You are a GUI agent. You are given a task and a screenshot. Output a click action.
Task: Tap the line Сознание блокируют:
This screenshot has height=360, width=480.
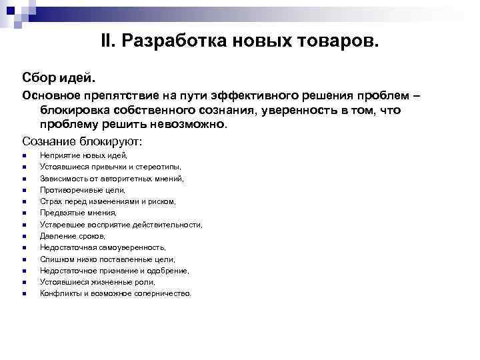tap(83, 141)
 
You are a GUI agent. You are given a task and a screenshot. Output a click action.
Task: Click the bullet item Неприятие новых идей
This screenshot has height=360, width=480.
tap(79, 155)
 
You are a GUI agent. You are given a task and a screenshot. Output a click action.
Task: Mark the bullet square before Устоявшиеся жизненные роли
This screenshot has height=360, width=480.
tap(24, 282)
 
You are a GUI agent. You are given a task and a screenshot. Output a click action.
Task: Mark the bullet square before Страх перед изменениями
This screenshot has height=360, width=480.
tap(24, 201)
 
